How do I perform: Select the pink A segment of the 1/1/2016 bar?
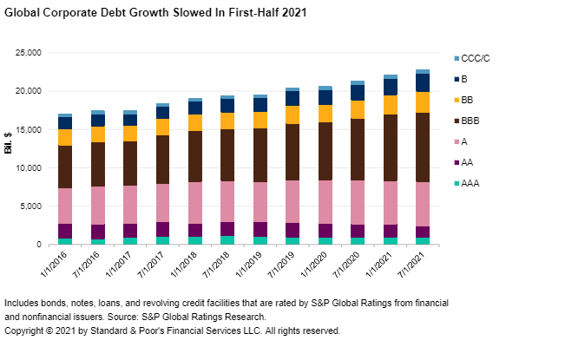65,206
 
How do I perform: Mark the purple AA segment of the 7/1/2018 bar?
227,229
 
